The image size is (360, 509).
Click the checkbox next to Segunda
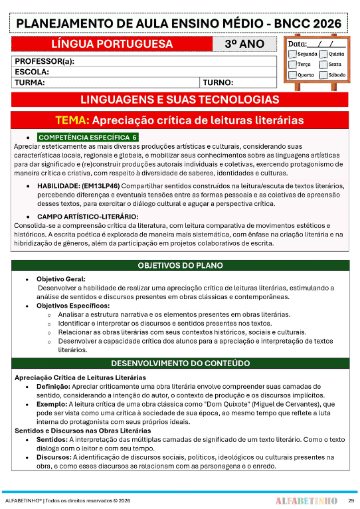pos(292,54)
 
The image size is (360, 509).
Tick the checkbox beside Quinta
pos(323,54)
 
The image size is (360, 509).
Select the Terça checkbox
pos(292,64)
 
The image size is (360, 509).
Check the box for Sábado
pos(323,75)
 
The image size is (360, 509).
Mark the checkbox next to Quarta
pos(292,75)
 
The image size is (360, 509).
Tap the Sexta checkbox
pos(323,64)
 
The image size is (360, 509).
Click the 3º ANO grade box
pos(244,45)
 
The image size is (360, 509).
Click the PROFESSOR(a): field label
pos(44,62)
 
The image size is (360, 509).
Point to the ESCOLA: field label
pos(32,72)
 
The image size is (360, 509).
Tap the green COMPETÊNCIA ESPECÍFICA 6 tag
pos(87,137)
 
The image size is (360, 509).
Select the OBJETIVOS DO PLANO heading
pos(180,265)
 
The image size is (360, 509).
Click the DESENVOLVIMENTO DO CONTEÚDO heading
pos(180,363)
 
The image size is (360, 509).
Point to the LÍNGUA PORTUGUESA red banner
pos(112,45)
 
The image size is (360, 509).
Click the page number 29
pos(351,500)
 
